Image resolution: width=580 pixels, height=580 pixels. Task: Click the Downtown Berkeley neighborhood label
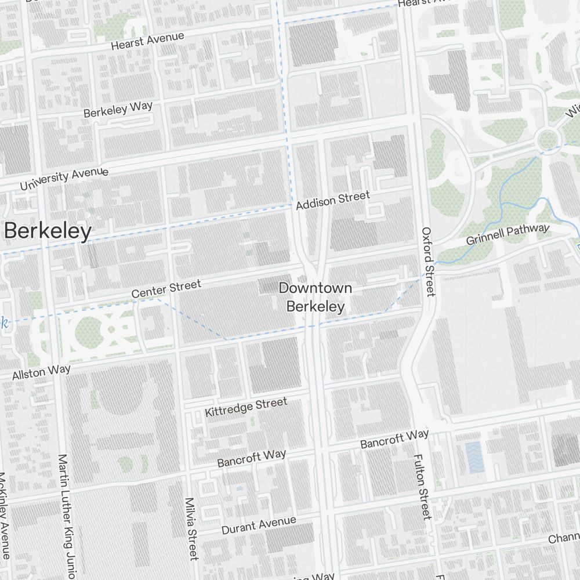pyautogui.click(x=315, y=297)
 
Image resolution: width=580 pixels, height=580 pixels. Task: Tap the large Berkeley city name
pyautogui.click(x=48, y=231)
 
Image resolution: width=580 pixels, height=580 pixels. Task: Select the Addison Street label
pyautogui.click(x=332, y=200)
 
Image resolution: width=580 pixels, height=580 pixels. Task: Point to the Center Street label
pyautogui.click(x=166, y=288)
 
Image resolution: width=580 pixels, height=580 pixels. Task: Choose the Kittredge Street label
pyautogui.click(x=246, y=407)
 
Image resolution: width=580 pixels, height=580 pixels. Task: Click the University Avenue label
pyautogui.click(x=64, y=179)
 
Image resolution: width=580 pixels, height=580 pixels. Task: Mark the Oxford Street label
pyautogui.click(x=428, y=262)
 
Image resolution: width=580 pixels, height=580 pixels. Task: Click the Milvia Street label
pyautogui.click(x=191, y=528)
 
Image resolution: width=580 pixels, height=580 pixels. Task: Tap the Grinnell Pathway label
pyautogui.click(x=507, y=234)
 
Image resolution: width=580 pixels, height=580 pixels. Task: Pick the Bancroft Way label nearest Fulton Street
pyautogui.click(x=394, y=439)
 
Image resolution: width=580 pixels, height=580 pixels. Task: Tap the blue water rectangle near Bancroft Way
pyautogui.click(x=473, y=456)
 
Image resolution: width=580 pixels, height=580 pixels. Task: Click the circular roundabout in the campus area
pyautogui.click(x=546, y=139)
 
